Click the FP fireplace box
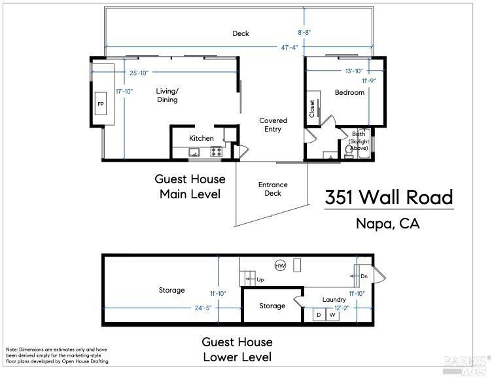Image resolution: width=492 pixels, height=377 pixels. (x=101, y=103)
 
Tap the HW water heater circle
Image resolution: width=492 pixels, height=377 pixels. (x=280, y=266)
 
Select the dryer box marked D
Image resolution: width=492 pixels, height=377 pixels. (x=319, y=315)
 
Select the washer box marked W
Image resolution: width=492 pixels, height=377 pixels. (x=332, y=315)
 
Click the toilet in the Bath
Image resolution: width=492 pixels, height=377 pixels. (x=348, y=152)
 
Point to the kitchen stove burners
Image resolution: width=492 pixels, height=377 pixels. (x=216, y=152)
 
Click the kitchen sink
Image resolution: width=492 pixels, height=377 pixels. (x=194, y=153)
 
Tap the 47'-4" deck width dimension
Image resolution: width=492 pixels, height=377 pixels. (x=289, y=47)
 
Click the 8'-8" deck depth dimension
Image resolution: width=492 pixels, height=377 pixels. (x=304, y=32)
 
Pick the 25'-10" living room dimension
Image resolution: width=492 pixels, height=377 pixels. (x=139, y=73)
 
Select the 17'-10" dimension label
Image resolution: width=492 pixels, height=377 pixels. (x=124, y=92)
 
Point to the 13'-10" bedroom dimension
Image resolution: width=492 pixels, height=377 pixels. (x=354, y=71)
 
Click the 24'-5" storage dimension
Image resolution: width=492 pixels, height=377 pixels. (x=203, y=308)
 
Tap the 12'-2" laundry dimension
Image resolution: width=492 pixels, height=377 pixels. (x=342, y=308)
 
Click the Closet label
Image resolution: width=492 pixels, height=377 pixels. (x=312, y=109)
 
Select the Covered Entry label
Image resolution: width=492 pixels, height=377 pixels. (x=273, y=124)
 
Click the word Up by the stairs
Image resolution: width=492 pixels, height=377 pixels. (x=260, y=279)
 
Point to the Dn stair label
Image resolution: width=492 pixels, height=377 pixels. (x=364, y=276)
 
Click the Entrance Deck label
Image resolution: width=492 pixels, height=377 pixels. (x=273, y=189)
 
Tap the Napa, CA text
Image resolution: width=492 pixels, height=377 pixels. (x=388, y=223)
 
